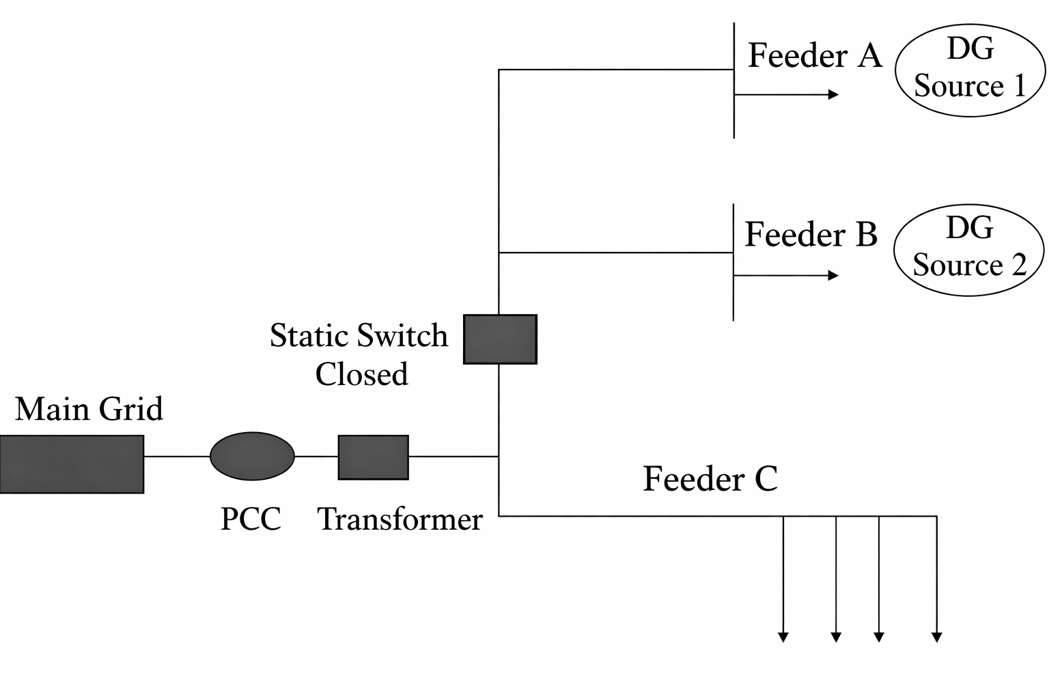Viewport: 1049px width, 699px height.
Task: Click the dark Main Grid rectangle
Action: [72, 464]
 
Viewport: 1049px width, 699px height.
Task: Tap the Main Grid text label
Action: [89, 410]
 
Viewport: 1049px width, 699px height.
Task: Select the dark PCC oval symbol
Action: [252, 456]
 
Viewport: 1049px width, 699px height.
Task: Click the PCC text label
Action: [251, 519]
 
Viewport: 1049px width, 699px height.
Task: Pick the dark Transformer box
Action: [374, 457]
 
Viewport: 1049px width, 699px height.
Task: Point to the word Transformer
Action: [400, 519]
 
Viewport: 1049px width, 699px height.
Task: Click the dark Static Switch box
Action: [500, 339]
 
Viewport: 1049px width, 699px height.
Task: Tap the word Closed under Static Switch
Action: [361, 374]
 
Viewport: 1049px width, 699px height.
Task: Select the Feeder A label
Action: [815, 55]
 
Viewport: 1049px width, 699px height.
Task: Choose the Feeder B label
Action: [811, 235]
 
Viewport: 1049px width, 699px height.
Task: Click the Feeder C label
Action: [710, 479]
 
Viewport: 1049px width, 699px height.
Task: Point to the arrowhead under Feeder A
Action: [833, 94]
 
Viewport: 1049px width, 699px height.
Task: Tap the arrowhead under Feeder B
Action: [833, 276]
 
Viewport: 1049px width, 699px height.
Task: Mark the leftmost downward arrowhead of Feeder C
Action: [783, 637]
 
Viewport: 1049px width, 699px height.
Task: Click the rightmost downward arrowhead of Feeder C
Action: [937, 637]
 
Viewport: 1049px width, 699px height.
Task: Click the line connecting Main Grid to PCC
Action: [176, 456]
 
